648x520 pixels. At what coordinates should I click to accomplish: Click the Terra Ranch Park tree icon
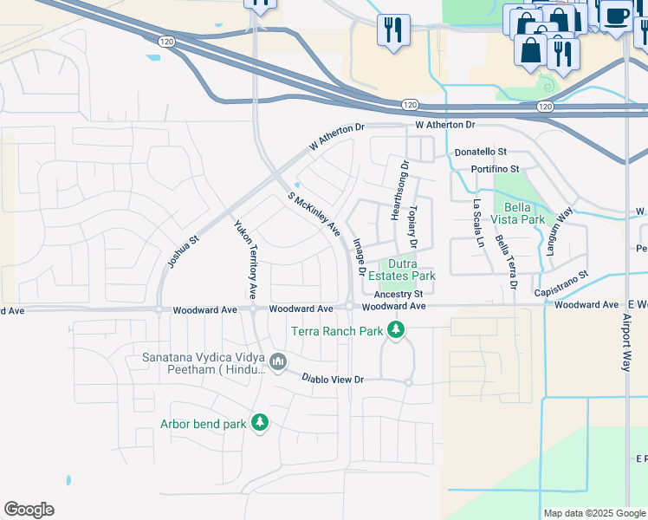pyautogui.click(x=396, y=330)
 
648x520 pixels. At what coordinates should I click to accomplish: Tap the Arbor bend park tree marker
pyautogui.click(x=259, y=423)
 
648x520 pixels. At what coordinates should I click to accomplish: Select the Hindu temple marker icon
pyautogui.click(x=278, y=361)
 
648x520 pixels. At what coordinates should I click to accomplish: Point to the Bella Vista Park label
pyautogui.click(x=525, y=213)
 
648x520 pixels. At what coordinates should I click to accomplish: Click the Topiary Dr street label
pyautogui.click(x=414, y=213)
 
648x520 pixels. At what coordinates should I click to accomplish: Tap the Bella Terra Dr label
pyautogui.click(x=507, y=260)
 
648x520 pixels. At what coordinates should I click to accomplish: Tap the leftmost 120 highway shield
pyautogui.click(x=166, y=41)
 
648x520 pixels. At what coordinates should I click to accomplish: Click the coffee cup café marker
pyautogui.click(x=617, y=16)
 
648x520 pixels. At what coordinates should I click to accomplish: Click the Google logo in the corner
pyautogui.click(x=29, y=510)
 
